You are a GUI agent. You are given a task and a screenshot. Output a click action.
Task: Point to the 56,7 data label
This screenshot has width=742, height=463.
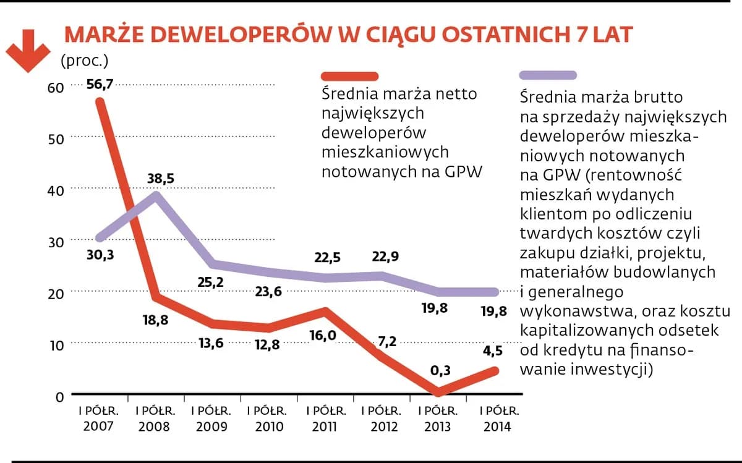[100, 84]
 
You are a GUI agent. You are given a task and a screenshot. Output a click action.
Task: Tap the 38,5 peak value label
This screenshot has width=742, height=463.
[160, 179]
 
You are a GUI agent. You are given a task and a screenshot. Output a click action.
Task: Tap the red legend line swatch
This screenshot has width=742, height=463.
[349, 76]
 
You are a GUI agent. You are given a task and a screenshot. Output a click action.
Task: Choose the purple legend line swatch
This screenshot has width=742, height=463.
[548, 75]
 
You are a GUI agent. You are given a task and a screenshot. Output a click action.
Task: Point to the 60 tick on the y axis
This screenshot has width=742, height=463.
[56, 88]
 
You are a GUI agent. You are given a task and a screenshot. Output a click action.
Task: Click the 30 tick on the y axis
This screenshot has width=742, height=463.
[56, 242]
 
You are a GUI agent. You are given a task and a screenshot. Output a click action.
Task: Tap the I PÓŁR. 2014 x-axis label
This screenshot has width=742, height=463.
[498, 418]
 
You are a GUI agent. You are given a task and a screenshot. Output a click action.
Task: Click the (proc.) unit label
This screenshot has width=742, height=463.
[84, 61]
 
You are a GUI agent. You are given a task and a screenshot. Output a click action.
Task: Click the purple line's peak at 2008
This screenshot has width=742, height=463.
[156, 195]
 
